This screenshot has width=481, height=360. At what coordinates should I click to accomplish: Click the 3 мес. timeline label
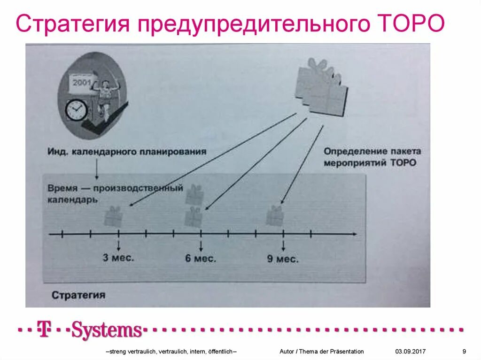(119, 258)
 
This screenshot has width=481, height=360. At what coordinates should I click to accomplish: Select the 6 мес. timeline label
(201, 258)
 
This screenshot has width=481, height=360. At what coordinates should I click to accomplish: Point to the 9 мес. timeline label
(283, 259)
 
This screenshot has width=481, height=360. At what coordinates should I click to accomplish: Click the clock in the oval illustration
(76, 110)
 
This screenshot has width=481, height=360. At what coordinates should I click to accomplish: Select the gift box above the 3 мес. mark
(113, 217)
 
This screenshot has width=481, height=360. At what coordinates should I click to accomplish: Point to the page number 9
(464, 352)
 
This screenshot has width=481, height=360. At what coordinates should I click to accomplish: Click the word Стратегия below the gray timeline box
(78, 295)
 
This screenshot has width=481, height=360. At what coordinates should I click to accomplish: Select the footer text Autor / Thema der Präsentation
(321, 352)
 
